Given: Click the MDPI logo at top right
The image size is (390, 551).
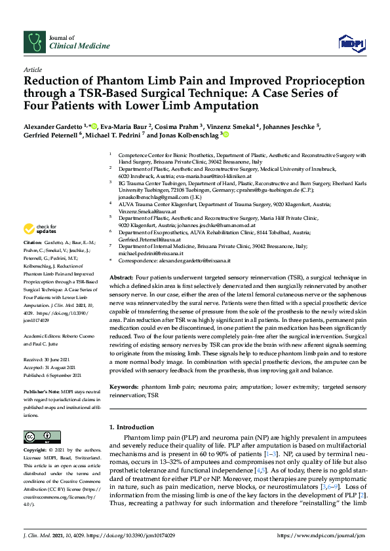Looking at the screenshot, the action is tap(351, 43).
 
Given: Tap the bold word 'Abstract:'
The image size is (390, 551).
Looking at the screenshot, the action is tap(123, 277).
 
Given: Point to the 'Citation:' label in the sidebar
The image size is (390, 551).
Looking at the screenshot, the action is tap(33, 260).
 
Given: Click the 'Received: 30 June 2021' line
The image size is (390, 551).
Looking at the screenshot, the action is tap(48, 359).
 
